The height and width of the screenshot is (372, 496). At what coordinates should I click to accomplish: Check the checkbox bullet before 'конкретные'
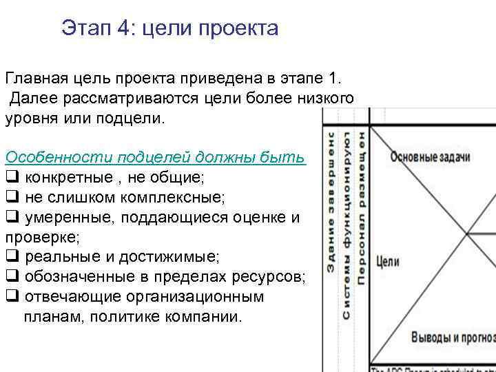click(12, 177)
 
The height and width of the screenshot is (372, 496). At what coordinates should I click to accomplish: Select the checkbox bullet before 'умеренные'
click(12, 217)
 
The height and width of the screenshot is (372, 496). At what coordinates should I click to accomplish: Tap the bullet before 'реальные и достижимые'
click(12, 257)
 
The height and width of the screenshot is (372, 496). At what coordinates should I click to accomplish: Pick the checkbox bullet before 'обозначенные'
click(12, 277)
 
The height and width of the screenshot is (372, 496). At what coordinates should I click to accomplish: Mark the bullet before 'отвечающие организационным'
click(12, 297)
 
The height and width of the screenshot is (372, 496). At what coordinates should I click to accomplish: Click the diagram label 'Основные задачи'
click(430, 157)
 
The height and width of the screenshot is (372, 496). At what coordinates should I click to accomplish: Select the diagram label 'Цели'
click(388, 262)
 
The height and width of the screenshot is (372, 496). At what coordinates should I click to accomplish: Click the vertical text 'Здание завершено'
click(331, 200)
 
